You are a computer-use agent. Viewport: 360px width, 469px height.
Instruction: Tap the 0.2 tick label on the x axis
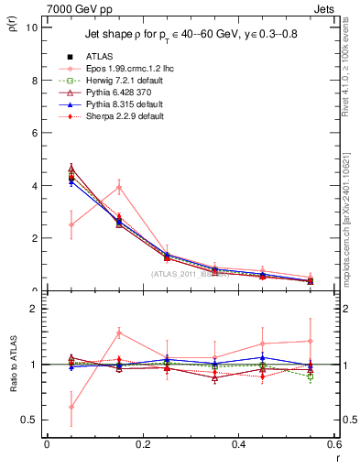(x=142, y=444)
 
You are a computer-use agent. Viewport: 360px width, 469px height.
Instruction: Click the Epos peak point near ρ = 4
(x=118, y=187)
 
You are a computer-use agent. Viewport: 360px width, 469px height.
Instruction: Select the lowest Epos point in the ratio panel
(x=71, y=407)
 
